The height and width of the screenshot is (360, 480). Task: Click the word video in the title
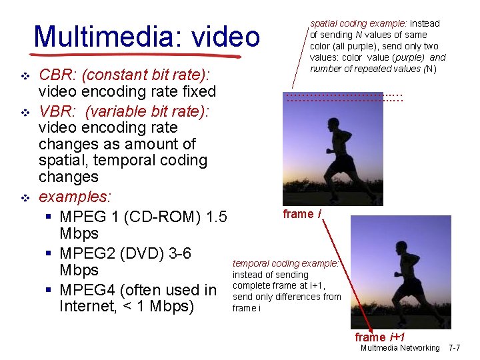(225, 37)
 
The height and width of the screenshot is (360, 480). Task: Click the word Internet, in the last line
(89, 307)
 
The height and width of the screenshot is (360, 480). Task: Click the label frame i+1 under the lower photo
(380, 337)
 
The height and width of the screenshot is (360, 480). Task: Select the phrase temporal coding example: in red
(286, 263)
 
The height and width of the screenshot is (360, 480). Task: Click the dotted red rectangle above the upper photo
(344, 97)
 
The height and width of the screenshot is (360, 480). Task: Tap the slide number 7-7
(454, 348)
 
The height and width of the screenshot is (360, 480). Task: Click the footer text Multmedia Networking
(400, 348)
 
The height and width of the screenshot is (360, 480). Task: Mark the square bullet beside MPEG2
(50, 254)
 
